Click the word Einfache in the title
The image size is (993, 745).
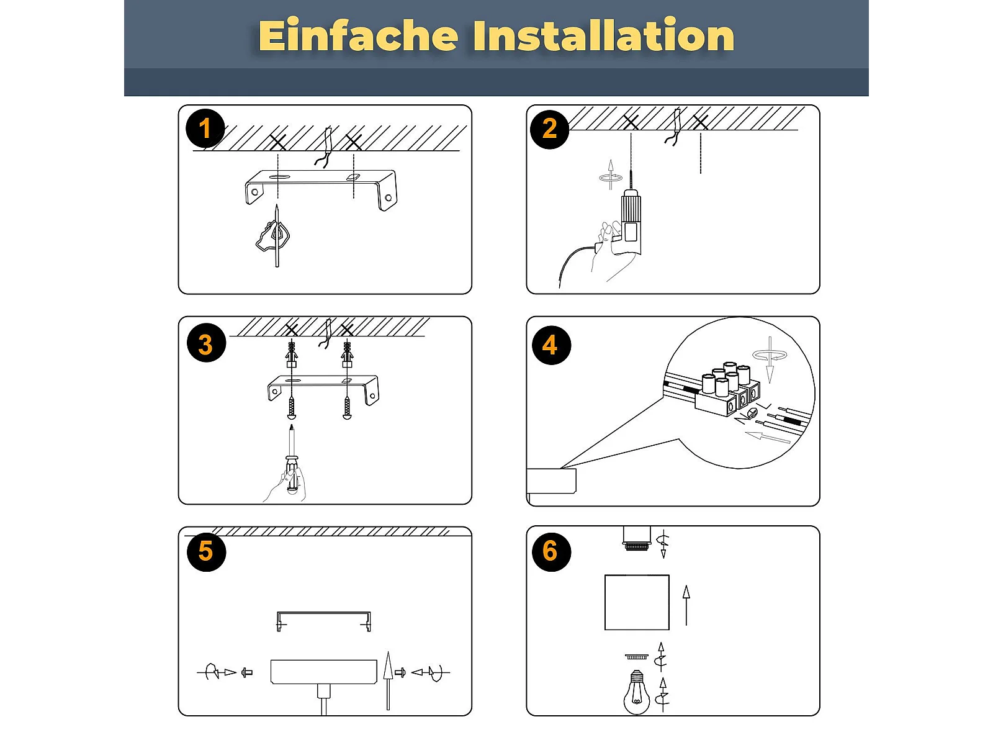(x=358, y=35)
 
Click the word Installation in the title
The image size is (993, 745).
(x=603, y=35)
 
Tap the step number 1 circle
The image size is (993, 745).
(x=205, y=129)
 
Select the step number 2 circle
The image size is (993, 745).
(x=549, y=129)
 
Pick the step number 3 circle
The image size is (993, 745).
(x=206, y=343)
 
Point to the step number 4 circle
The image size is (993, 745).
(x=552, y=345)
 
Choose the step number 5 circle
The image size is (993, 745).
(x=206, y=552)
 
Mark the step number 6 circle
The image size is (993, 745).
(x=551, y=551)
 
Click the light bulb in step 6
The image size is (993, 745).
(x=636, y=692)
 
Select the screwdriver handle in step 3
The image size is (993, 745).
(x=292, y=475)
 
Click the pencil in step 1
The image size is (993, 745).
(x=277, y=236)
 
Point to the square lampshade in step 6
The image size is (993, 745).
(x=637, y=602)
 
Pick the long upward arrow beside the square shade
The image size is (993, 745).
(x=686, y=605)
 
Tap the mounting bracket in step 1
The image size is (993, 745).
(x=321, y=189)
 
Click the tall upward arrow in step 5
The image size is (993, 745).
(x=388, y=681)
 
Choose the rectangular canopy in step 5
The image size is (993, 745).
(x=324, y=672)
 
